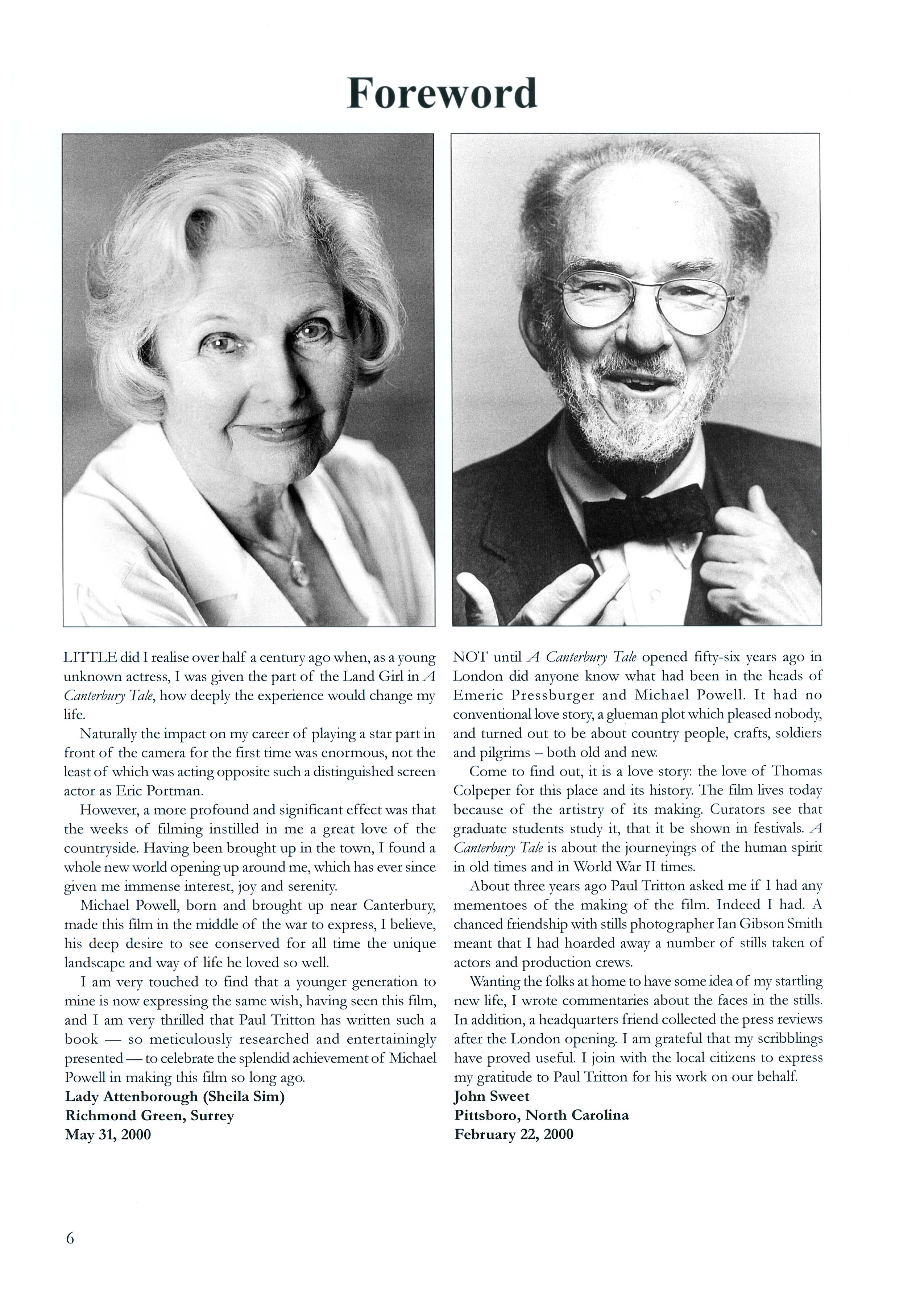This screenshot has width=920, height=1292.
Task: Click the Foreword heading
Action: click(x=442, y=94)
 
